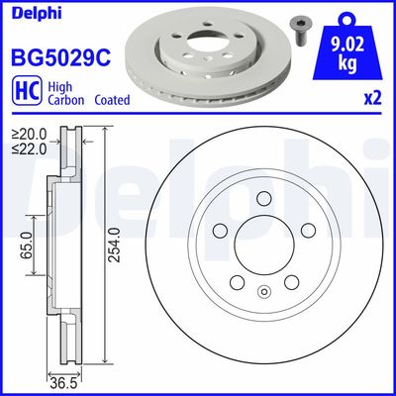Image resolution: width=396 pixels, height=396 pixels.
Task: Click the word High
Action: click(58, 86)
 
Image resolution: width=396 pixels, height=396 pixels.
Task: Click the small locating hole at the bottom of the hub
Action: click(263, 291)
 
